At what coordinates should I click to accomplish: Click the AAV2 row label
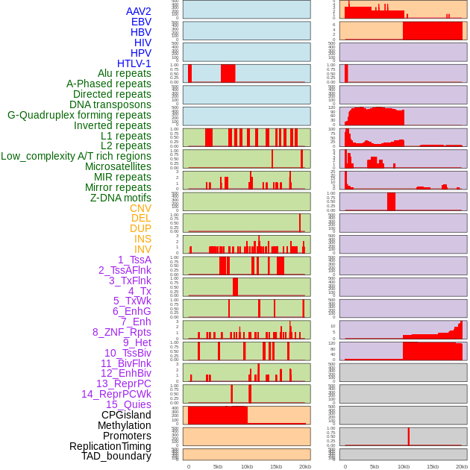point(139,11)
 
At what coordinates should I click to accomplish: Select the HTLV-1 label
point(134,63)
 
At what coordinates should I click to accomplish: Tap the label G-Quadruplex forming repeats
point(79,115)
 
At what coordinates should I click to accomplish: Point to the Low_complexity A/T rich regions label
point(76,156)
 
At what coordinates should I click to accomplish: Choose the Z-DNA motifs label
point(121,198)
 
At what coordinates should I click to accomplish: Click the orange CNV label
point(140,208)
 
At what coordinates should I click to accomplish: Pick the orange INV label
point(142,249)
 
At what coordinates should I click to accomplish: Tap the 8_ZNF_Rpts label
point(122,332)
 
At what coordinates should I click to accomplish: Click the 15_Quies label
point(128,404)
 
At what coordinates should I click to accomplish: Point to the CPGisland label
point(126,415)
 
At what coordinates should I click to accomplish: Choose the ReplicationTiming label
point(110,446)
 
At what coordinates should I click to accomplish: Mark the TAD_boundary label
point(116,456)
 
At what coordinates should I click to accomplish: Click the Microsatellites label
point(118,166)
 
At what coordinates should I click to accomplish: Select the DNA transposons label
point(110,104)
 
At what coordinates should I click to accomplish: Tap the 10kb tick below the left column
point(247,466)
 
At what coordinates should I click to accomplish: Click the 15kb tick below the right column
point(433,466)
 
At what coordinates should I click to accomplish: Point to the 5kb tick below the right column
point(375,466)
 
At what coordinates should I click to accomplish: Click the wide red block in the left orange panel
point(218,416)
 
